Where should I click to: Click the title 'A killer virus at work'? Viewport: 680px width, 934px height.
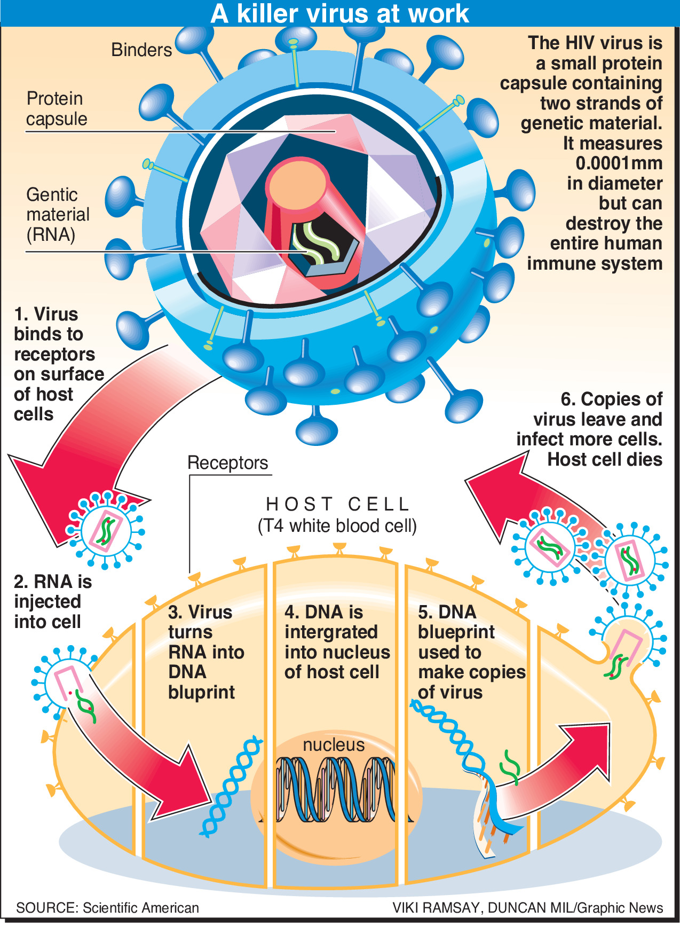pyautogui.click(x=340, y=13)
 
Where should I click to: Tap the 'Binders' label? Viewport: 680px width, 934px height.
pyautogui.click(x=141, y=50)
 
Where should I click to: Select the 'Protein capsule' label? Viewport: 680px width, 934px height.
pyautogui.click(x=56, y=108)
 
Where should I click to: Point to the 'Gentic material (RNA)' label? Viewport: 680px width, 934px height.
pyautogui.click(x=57, y=214)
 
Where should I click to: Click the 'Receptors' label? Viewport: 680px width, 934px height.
pyautogui.click(x=227, y=462)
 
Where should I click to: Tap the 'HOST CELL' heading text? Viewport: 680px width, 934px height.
pyautogui.click(x=337, y=504)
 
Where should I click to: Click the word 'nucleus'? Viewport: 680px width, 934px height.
pyautogui.click(x=334, y=744)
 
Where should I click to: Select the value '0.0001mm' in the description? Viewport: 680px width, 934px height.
pyautogui.click(x=619, y=163)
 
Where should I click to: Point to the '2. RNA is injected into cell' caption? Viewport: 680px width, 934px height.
pyautogui.click(x=52, y=601)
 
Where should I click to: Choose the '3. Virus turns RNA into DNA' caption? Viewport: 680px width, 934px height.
pyautogui.click(x=205, y=652)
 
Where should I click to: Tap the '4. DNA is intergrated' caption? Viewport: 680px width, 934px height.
pyautogui.click(x=336, y=641)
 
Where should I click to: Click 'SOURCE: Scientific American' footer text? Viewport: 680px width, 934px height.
pyautogui.click(x=107, y=908)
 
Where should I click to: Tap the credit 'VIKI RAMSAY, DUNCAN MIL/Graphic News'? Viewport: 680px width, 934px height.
pyautogui.click(x=527, y=908)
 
